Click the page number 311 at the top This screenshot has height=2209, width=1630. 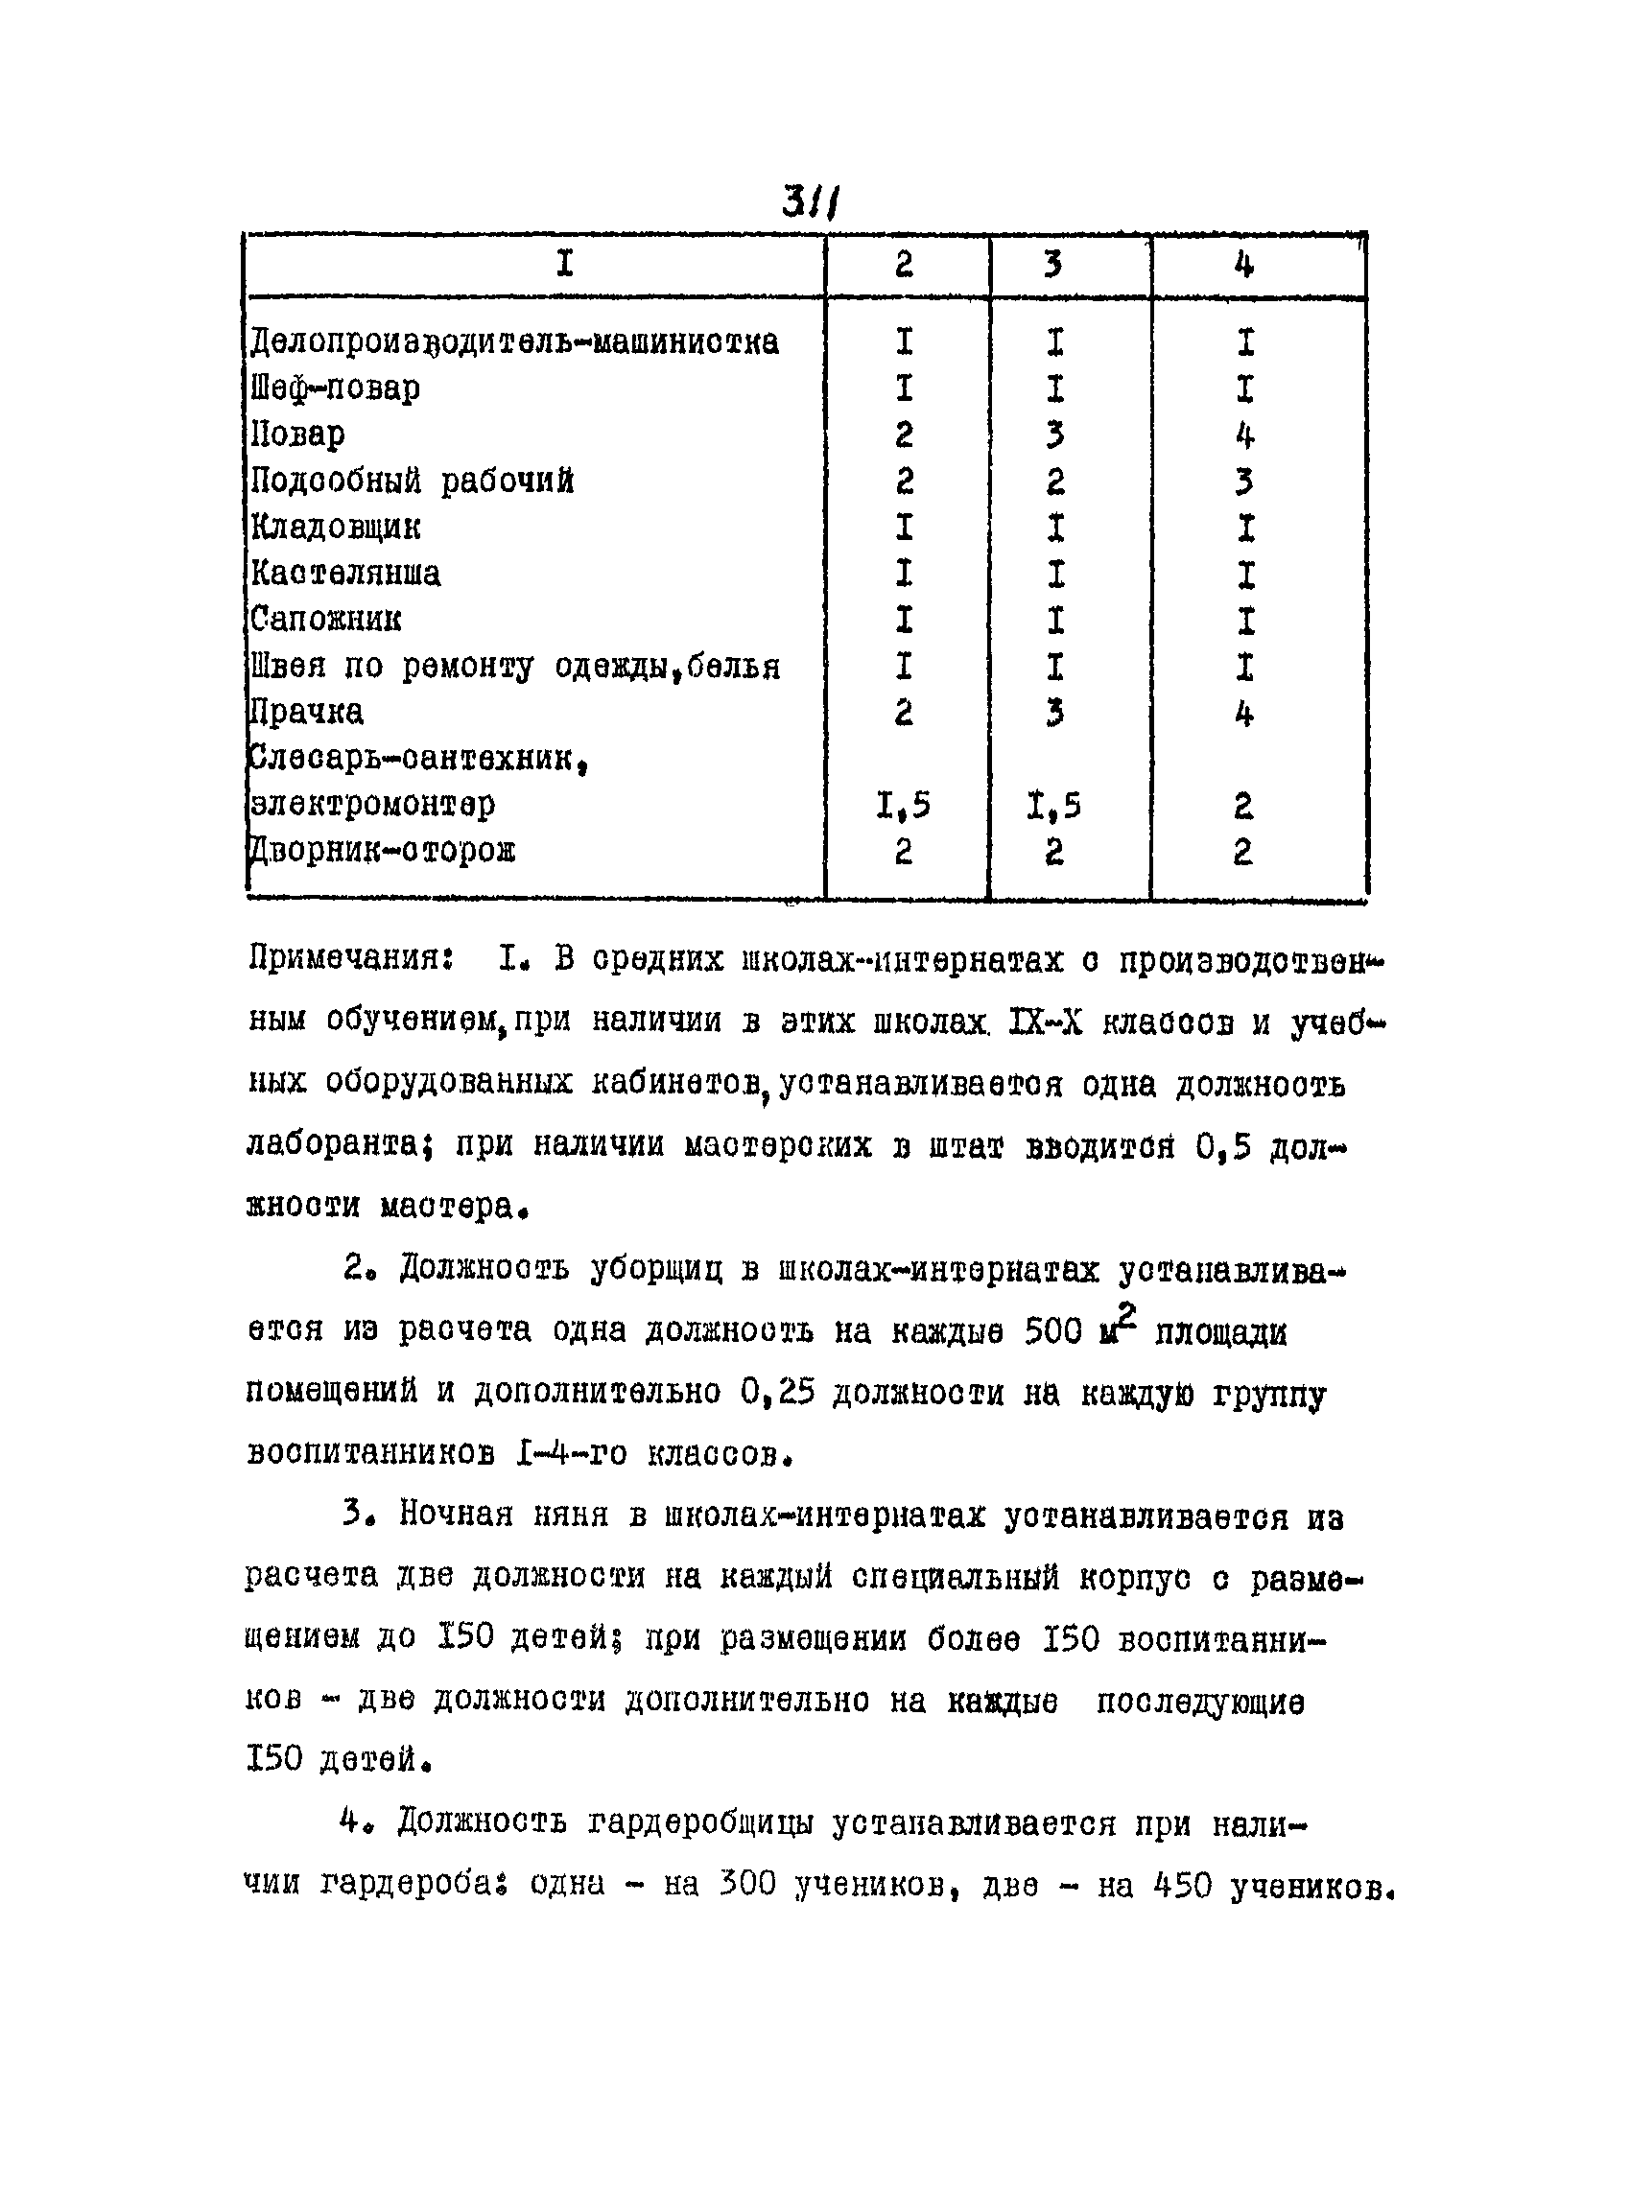coord(809,204)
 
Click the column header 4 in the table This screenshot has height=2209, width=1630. coord(1244,266)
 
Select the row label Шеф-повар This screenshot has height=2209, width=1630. coord(336,388)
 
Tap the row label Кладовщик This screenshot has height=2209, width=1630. coord(336,528)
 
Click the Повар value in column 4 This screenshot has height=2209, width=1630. coord(1244,435)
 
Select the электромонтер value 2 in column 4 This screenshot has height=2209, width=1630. coord(1243,807)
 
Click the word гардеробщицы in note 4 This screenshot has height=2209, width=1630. coord(701,1824)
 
